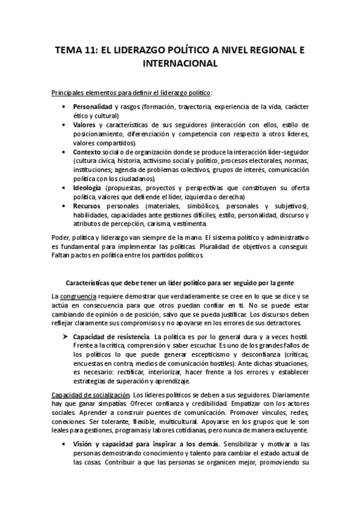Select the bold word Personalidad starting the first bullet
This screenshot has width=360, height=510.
coord(92,106)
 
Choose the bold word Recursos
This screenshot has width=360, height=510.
coord(90,206)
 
